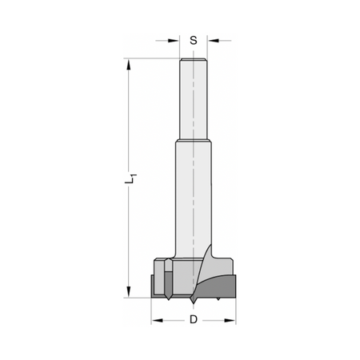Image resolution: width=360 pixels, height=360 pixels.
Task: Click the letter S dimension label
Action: (194, 41)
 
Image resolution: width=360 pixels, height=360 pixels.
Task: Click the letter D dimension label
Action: (194, 319)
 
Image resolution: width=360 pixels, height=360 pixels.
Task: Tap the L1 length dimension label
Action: (130, 178)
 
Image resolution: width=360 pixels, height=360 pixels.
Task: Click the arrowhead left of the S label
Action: (174, 41)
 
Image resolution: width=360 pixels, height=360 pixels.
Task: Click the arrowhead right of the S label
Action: (214, 41)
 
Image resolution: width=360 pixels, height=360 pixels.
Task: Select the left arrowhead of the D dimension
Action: (157, 320)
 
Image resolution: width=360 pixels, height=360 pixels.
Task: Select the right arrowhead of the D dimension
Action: (230, 320)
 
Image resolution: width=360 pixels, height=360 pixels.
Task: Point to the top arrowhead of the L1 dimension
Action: (129, 65)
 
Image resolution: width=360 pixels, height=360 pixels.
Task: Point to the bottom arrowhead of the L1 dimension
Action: (129, 292)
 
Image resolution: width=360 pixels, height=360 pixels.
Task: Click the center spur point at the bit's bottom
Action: (193, 301)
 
